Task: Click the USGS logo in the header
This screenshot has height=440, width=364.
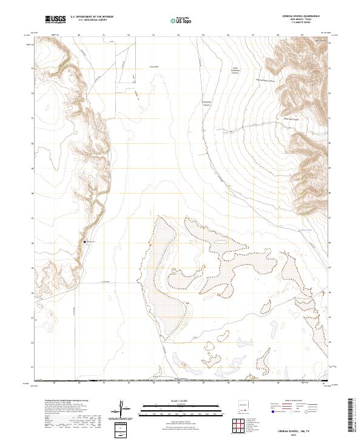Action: pos(56,19)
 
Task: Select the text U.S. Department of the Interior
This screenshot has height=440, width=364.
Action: pos(92,18)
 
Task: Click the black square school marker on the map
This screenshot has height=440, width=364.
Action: pos(84,242)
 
